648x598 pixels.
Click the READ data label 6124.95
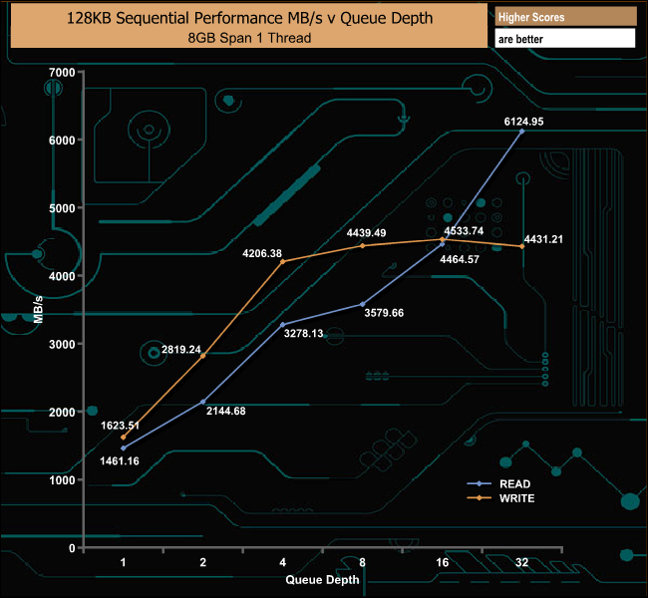[522, 122]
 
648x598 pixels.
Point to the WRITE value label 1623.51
[124, 426]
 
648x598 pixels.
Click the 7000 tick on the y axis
[62, 72]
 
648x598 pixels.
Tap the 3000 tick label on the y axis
[62, 344]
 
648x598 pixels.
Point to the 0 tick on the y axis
[73, 548]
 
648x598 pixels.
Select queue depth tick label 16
[443, 563]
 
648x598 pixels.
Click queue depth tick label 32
[521, 563]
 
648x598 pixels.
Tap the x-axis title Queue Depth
[323, 579]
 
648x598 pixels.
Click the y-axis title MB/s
[39, 309]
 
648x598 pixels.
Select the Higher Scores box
[564, 17]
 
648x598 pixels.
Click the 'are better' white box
[564, 39]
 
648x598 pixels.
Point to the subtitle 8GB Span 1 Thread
[248, 38]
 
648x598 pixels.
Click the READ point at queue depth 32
[522, 132]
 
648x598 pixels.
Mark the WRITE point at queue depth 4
[283, 261]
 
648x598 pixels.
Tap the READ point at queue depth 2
[203, 402]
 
